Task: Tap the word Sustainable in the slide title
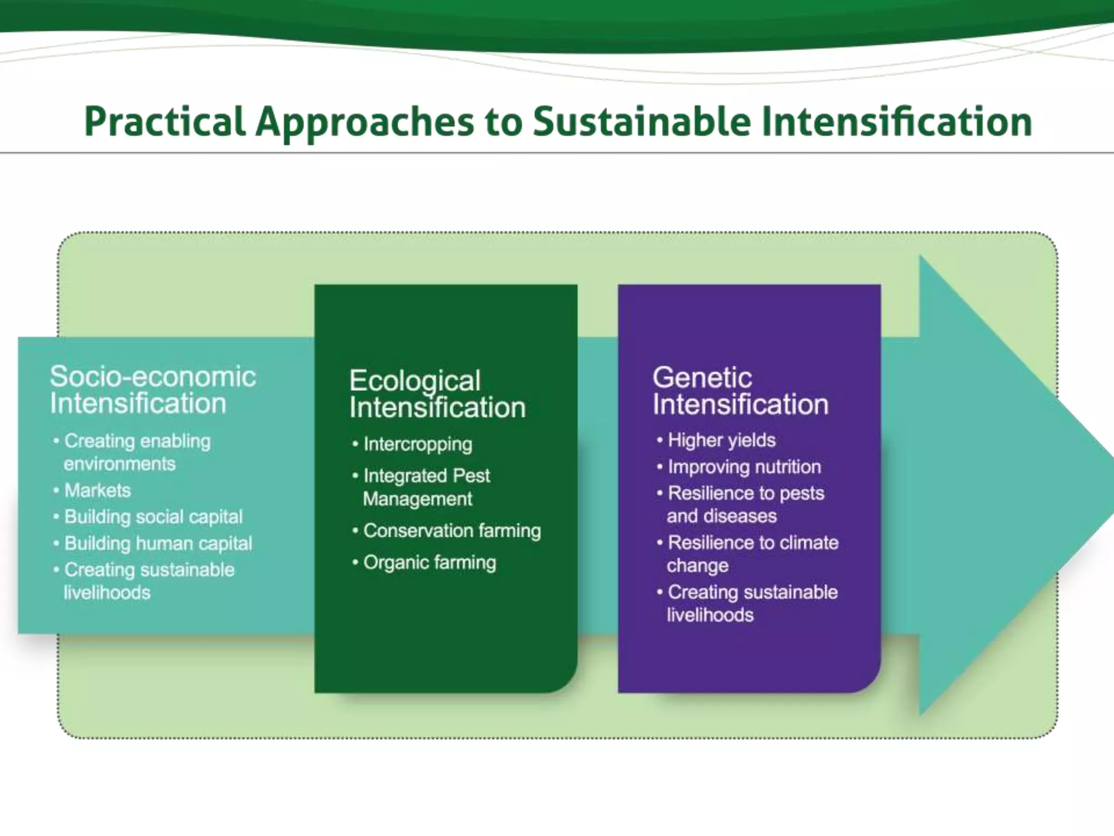pyautogui.click(x=641, y=121)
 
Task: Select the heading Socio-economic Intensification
pyautogui.click(x=152, y=390)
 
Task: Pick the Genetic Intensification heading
pyautogui.click(x=740, y=391)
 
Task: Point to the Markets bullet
pyautogui.click(x=97, y=490)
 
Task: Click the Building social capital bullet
pyautogui.click(x=153, y=517)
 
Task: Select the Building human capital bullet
pyautogui.click(x=158, y=543)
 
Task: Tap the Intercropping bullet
pyautogui.click(x=417, y=444)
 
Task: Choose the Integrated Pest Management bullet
pyautogui.click(x=426, y=487)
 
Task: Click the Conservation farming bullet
pyautogui.click(x=451, y=531)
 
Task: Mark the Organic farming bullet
pyautogui.click(x=429, y=562)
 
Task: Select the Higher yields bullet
pyautogui.click(x=721, y=440)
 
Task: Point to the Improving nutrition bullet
pyautogui.click(x=744, y=466)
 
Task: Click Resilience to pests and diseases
pyautogui.click(x=745, y=504)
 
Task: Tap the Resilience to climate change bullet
pyautogui.click(x=752, y=554)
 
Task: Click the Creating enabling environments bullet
pyautogui.click(x=137, y=452)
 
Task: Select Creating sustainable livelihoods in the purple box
pyautogui.click(x=752, y=603)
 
